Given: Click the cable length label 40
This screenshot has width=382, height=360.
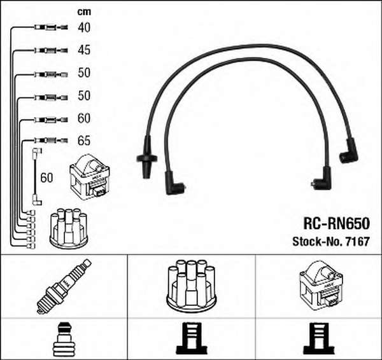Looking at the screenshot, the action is (x=84, y=27).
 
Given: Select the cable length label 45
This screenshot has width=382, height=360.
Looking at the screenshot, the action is (x=84, y=50).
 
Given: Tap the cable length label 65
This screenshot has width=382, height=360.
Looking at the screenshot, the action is (x=84, y=141).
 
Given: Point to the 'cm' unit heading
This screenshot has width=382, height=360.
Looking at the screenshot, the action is (x=84, y=11).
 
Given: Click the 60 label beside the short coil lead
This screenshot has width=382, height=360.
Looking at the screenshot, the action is (x=46, y=177).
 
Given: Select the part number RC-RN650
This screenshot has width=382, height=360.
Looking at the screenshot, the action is (x=336, y=223).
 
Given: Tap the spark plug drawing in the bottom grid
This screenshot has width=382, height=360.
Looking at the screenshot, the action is (x=64, y=286).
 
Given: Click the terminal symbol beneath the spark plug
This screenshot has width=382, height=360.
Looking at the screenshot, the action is (x=64, y=339).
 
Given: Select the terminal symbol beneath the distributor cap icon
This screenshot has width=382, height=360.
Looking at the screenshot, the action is (x=192, y=338).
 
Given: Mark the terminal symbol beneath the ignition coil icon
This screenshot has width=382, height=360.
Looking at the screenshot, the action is (x=319, y=338).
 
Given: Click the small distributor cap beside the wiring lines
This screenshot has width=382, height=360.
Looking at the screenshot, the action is (x=69, y=228).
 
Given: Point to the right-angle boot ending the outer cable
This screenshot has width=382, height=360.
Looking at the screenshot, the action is (x=349, y=151).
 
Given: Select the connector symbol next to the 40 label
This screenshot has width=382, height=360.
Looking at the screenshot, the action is (x=51, y=27).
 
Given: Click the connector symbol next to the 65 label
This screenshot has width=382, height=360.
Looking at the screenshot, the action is (x=51, y=140).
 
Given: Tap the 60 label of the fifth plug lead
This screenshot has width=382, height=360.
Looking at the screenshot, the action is (x=84, y=118).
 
